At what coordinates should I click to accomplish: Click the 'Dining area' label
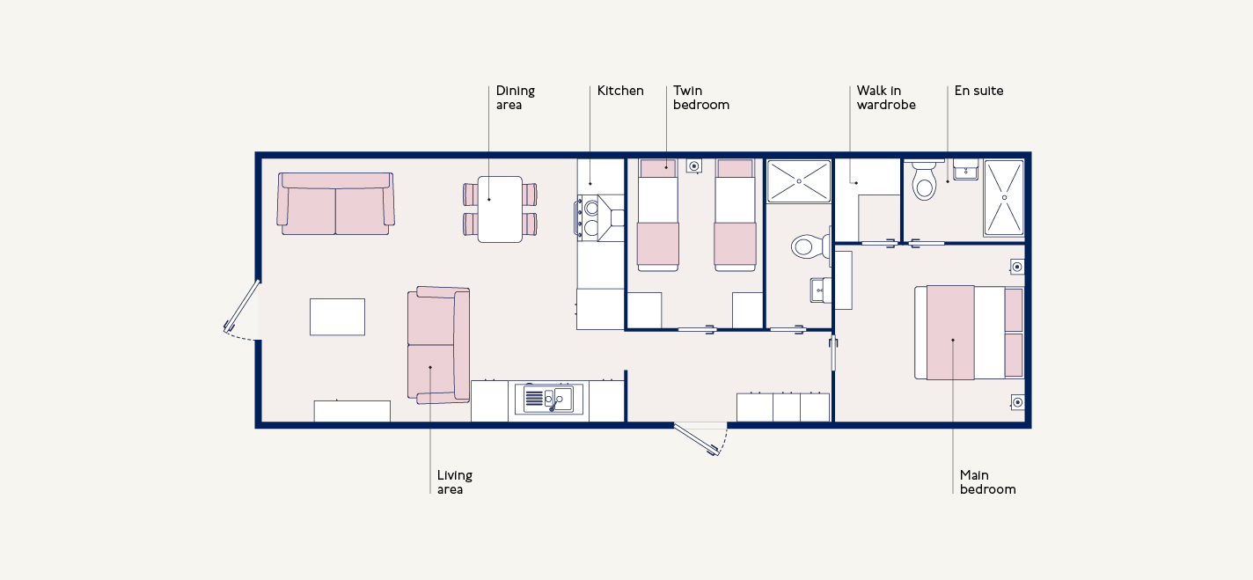click(515, 98)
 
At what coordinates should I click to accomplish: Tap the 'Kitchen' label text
click(620, 91)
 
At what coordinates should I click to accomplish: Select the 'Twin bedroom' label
click(701, 98)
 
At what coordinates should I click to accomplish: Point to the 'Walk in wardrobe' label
click(886, 98)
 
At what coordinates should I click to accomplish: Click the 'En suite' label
click(978, 91)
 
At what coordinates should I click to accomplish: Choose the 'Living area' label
click(454, 482)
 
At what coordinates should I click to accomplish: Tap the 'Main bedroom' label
click(987, 482)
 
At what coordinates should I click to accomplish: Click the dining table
click(500, 209)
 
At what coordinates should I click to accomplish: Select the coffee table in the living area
click(337, 317)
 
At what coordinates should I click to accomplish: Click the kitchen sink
click(548, 399)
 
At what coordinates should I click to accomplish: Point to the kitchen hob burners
click(590, 218)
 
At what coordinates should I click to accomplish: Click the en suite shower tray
click(1004, 197)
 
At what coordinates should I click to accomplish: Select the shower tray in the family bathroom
click(799, 180)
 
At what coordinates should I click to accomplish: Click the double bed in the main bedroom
click(970, 333)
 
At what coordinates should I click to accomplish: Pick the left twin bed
click(658, 215)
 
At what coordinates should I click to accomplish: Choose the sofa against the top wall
click(335, 203)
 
